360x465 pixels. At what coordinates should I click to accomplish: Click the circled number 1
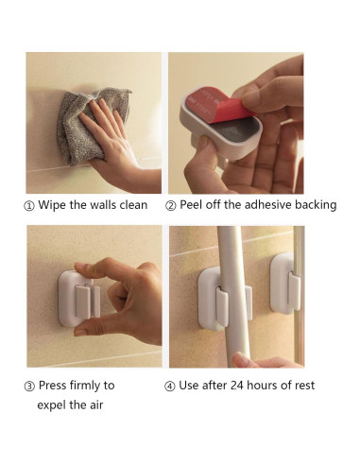point(29,206)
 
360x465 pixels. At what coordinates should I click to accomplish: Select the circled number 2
point(170,206)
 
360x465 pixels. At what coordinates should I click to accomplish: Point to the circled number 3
point(29,387)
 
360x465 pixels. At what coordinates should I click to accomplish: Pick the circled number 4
point(169,387)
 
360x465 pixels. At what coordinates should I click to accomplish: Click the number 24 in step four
point(237,386)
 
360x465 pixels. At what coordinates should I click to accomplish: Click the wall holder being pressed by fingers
point(79,299)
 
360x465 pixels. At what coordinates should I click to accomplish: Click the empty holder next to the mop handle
point(286,284)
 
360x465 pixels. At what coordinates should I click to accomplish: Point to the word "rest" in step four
point(304,386)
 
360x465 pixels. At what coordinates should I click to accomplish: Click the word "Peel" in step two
point(191,205)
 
